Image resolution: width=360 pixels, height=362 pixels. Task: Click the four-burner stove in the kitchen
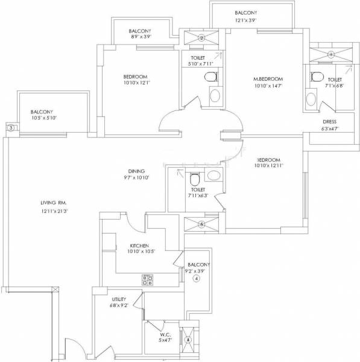pos(147,279)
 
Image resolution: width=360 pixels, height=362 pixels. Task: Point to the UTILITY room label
pos(118,299)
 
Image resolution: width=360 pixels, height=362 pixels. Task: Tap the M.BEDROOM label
pos(267,79)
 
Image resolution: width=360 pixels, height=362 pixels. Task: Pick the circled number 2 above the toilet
pos(202,39)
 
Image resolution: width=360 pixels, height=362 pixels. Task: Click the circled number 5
pos(201,224)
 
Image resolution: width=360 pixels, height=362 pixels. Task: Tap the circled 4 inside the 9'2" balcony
pos(195,279)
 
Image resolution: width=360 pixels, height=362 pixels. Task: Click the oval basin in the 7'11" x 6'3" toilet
pos(212,175)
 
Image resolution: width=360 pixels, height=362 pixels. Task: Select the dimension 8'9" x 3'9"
pos(139,38)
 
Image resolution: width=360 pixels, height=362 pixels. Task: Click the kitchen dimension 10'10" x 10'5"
pos(143,252)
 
